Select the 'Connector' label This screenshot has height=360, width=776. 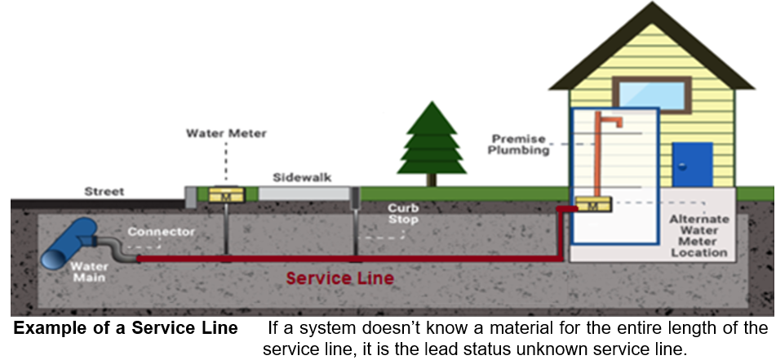[161, 232]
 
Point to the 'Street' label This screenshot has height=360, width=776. [105, 192]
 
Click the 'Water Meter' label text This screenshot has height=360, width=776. [215, 132]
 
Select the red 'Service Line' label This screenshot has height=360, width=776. [339, 278]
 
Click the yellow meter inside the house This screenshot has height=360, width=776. [593, 207]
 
